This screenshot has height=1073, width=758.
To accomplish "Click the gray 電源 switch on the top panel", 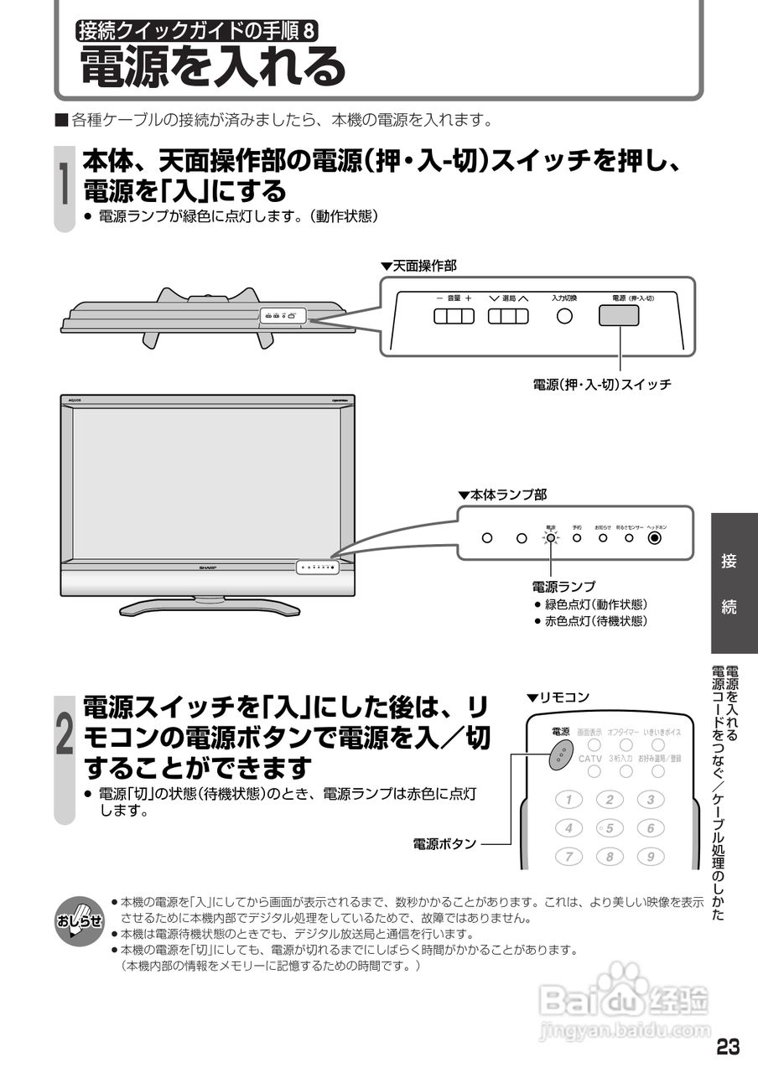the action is point(619,315).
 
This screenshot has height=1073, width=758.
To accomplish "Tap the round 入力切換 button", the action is point(565,316).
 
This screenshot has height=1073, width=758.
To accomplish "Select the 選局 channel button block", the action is point(509,316).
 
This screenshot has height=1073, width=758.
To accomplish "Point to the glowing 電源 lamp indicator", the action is point(550,537).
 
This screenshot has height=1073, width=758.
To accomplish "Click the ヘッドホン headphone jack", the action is point(656,537).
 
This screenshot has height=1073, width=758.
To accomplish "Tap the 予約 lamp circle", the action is point(577,537).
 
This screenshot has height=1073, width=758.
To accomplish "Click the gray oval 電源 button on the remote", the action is point(559,754).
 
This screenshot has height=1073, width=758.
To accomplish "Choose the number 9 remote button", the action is point(651,857).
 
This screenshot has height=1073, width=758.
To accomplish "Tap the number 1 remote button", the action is point(568,800).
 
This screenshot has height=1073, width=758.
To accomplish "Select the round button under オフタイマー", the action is point(626,744).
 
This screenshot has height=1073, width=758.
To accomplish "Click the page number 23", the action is point(728,1047).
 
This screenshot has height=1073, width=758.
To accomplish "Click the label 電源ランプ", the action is point(563,586).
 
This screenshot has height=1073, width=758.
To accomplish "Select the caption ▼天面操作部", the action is point(418,266).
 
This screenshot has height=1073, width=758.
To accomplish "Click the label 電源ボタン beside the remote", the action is point(444,843).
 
